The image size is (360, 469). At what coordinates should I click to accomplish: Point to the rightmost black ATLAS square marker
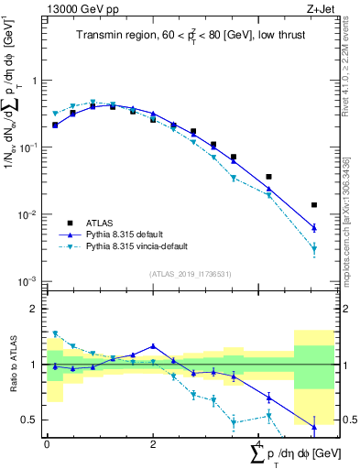point(314,205)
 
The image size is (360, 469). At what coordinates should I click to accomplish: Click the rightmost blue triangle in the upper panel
point(314,227)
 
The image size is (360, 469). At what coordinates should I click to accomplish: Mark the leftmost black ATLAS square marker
point(55,125)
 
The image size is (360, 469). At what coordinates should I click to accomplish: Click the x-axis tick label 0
point(47,443)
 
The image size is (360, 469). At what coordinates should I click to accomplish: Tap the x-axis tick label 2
point(153,443)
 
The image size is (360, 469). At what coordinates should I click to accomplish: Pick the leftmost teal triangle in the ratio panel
point(55,333)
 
